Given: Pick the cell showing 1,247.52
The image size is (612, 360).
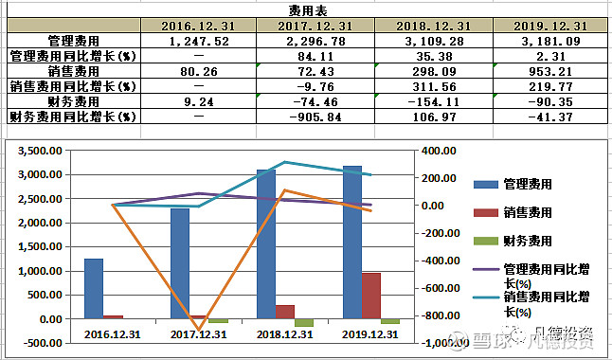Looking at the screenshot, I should click(x=198, y=41).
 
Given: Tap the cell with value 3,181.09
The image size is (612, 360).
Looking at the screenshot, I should click(x=553, y=41).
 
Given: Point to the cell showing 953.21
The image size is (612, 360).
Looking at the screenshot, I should click(x=553, y=71).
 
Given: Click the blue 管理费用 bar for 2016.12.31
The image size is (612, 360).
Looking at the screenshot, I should click(x=93, y=288).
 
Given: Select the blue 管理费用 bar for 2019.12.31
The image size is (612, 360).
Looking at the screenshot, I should click(x=351, y=242).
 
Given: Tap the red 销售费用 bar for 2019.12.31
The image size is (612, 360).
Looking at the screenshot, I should click(x=370, y=296).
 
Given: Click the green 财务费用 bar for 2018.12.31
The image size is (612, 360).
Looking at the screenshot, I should click(x=303, y=322).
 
